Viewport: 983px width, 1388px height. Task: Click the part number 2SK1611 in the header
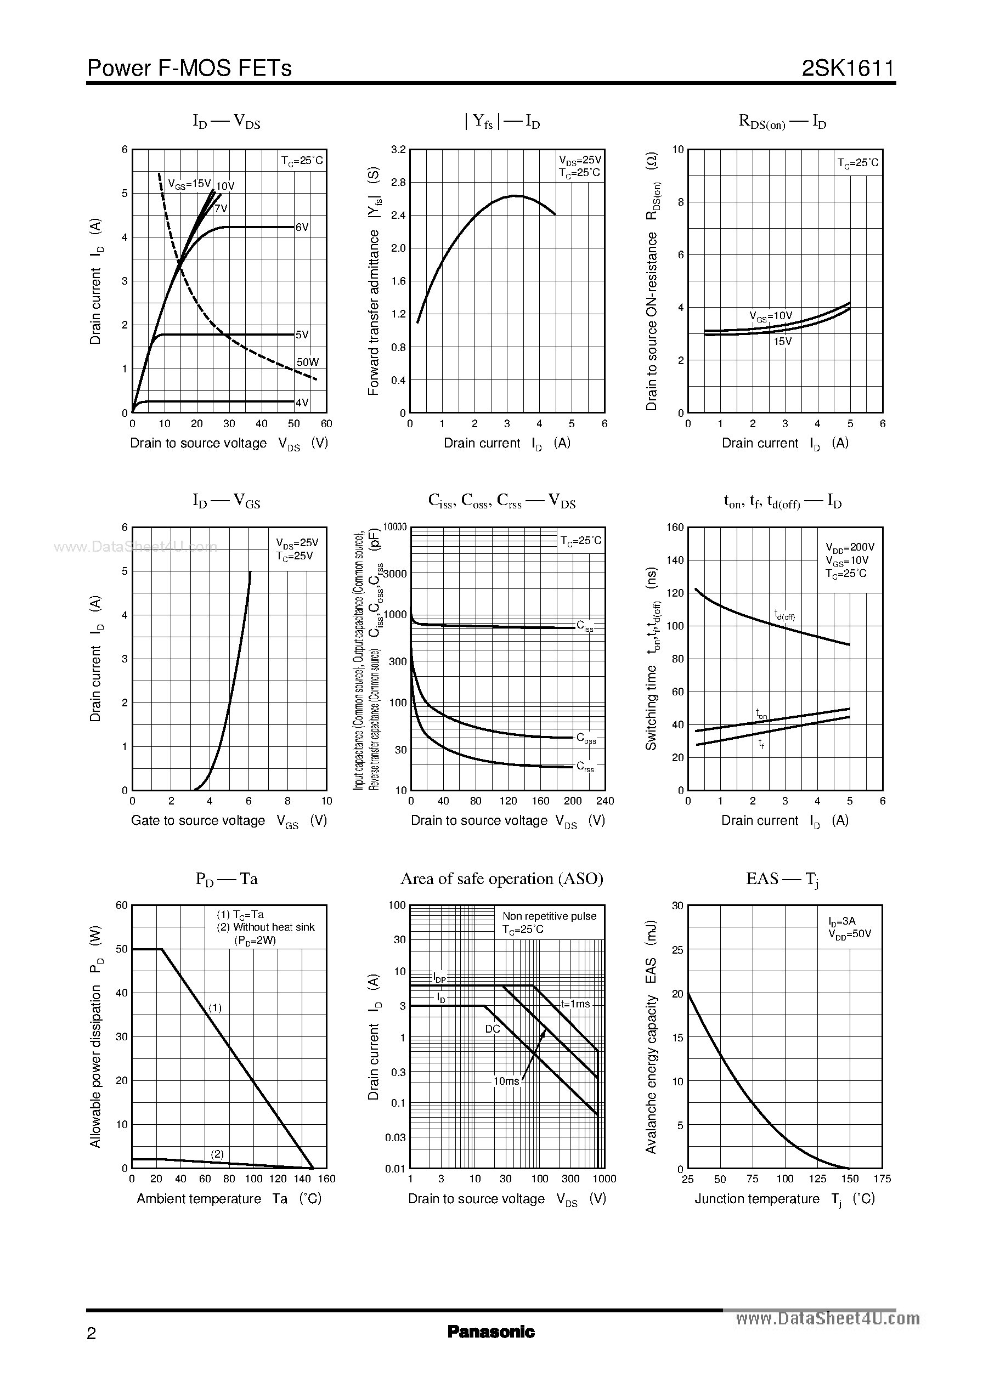[x=848, y=69]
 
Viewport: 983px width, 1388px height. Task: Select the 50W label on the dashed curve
[x=308, y=362]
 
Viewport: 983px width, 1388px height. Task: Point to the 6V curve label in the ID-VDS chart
[x=302, y=227]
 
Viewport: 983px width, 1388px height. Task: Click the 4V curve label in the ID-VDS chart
[x=302, y=403]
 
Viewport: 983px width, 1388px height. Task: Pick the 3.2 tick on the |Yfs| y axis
[x=398, y=150]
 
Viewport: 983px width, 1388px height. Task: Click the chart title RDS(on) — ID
[x=782, y=122]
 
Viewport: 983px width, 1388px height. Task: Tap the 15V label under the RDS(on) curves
[x=782, y=341]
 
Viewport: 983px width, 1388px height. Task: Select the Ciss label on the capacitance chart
[x=585, y=626]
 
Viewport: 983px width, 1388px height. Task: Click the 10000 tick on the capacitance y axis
[x=396, y=527]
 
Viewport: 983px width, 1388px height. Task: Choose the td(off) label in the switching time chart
[x=784, y=615]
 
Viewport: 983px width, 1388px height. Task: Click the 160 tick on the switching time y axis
[x=675, y=527]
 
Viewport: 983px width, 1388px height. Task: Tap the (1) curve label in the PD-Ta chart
[x=215, y=1007]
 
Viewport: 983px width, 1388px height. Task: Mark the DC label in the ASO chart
[x=493, y=1029]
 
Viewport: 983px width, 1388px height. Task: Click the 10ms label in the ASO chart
[x=506, y=1081]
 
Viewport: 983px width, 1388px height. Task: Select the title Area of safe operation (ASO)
[x=502, y=879]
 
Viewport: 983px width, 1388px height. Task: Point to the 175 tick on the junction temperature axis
[x=882, y=1179]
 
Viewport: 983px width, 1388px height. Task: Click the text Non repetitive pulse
[x=549, y=916]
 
